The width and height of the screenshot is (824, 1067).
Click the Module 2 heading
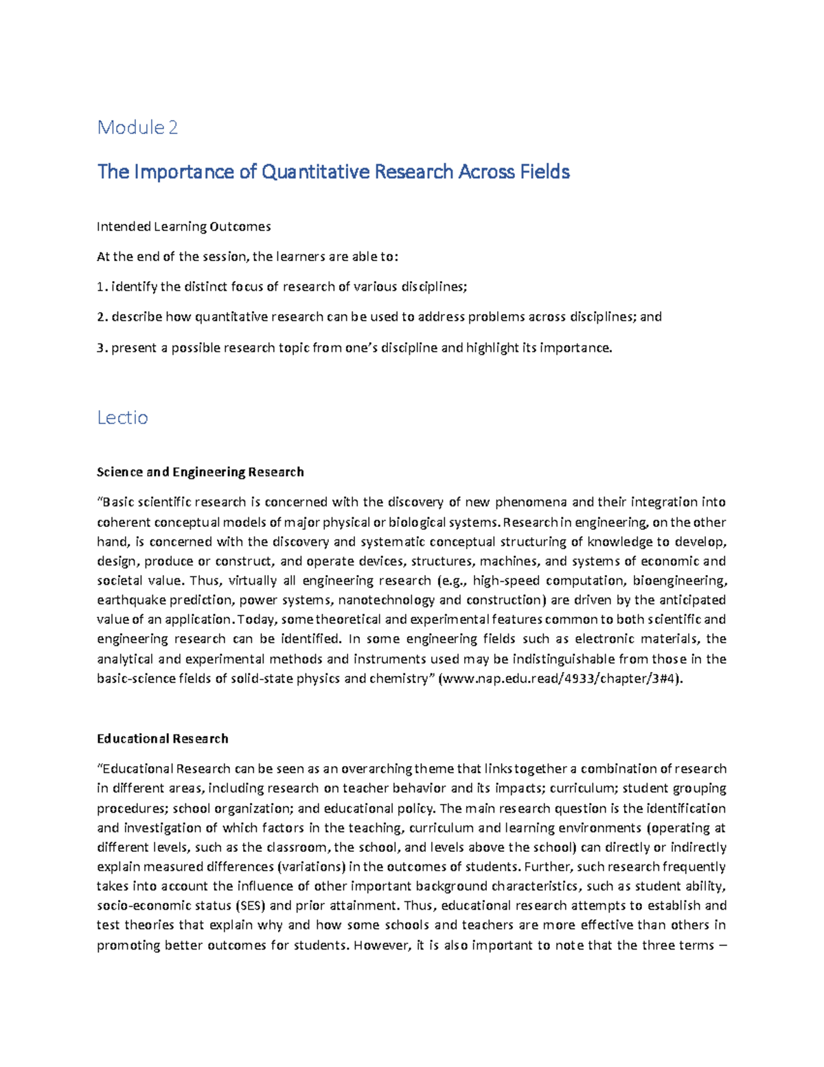pyautogui.click(x=137, y=127)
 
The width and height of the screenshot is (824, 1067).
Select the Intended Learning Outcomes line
pyautogui.click(x=183, y=227)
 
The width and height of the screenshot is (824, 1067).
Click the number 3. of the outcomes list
pyautogui.click(x=102, y=348)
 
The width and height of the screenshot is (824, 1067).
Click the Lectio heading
pyautogui.click(x=122, y=418)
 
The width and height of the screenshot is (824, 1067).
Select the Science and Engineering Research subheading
pyautogui.click(x=200, y=472)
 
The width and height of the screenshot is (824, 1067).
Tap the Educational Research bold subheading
pyautogui.click(x=162, y=739)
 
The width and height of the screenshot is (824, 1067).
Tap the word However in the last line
pyautogui.click(x=380, y=945)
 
